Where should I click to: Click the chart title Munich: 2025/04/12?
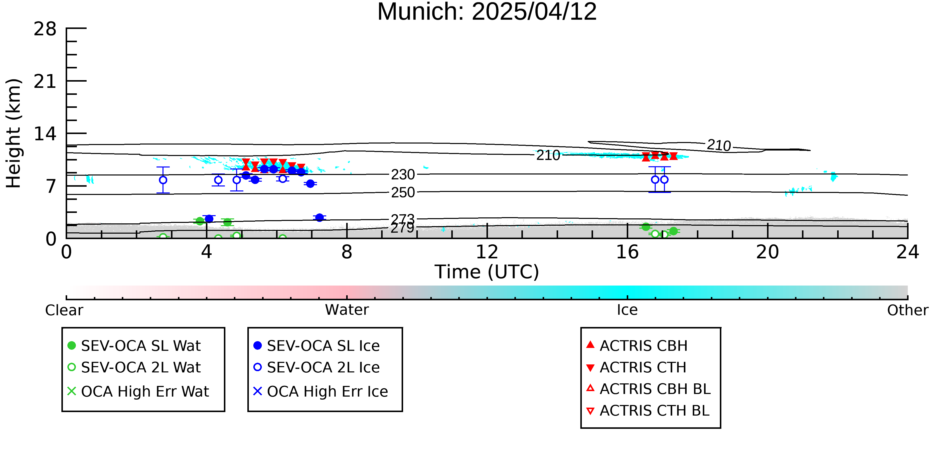(487, 12)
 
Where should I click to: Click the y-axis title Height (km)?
(14, 133)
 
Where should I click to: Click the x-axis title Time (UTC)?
(487, 272)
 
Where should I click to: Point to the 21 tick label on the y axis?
(45, 81)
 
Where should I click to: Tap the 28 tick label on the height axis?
(45, 29)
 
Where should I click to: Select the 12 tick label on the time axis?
(487, 252)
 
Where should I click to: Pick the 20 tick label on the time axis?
(768, 252)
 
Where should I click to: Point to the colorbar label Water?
(347, 310)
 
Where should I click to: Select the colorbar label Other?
(907, 310)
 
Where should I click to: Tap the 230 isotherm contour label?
(403, 175)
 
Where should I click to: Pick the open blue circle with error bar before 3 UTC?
(163, 180)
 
